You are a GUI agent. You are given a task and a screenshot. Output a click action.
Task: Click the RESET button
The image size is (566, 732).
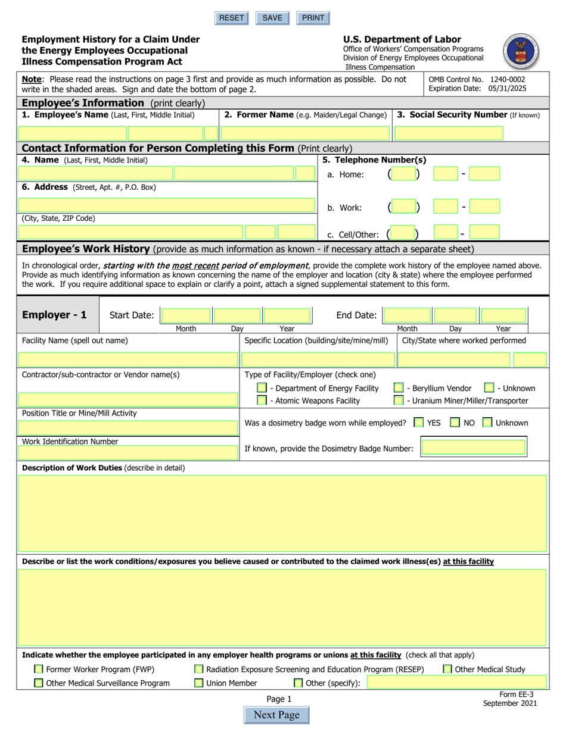click(231, 18)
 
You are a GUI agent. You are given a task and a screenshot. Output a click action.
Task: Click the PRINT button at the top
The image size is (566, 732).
click(313, 18)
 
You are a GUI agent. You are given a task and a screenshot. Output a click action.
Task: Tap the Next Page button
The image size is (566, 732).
click(276, 715)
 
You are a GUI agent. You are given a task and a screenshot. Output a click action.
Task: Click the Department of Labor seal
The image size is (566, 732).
click(521, 51)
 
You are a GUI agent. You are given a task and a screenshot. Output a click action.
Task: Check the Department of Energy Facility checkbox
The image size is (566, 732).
click(262, 388)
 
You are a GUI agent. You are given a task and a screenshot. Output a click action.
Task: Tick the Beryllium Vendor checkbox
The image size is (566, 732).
click(399, 388)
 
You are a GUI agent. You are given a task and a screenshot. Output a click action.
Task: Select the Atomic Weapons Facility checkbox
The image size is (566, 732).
click(262, 401)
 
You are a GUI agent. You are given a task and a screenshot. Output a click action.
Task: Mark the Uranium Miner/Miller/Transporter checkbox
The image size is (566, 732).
click(399, 401)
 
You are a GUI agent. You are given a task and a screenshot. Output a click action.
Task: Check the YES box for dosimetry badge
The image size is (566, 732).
click(419, 423)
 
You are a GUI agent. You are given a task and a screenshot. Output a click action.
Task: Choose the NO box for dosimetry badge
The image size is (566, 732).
click(455, 423)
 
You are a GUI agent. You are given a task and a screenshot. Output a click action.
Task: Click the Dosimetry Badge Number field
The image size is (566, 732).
click(473, 448)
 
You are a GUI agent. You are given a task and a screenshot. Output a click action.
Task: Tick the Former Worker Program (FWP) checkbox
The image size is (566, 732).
click(39, 670)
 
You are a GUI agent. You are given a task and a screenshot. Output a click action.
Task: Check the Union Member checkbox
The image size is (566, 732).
click(199, 683)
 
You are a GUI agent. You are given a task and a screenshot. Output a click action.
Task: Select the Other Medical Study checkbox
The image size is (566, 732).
click(447, 670)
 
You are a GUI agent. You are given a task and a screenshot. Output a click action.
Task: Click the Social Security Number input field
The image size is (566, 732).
click(449, 133)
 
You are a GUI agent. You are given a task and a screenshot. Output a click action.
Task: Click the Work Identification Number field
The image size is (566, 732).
click(129, 453)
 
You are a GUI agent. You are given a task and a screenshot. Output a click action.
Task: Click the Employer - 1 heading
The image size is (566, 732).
click(54, 315)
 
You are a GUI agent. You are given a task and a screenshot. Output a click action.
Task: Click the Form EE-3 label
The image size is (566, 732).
click(517, 695)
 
